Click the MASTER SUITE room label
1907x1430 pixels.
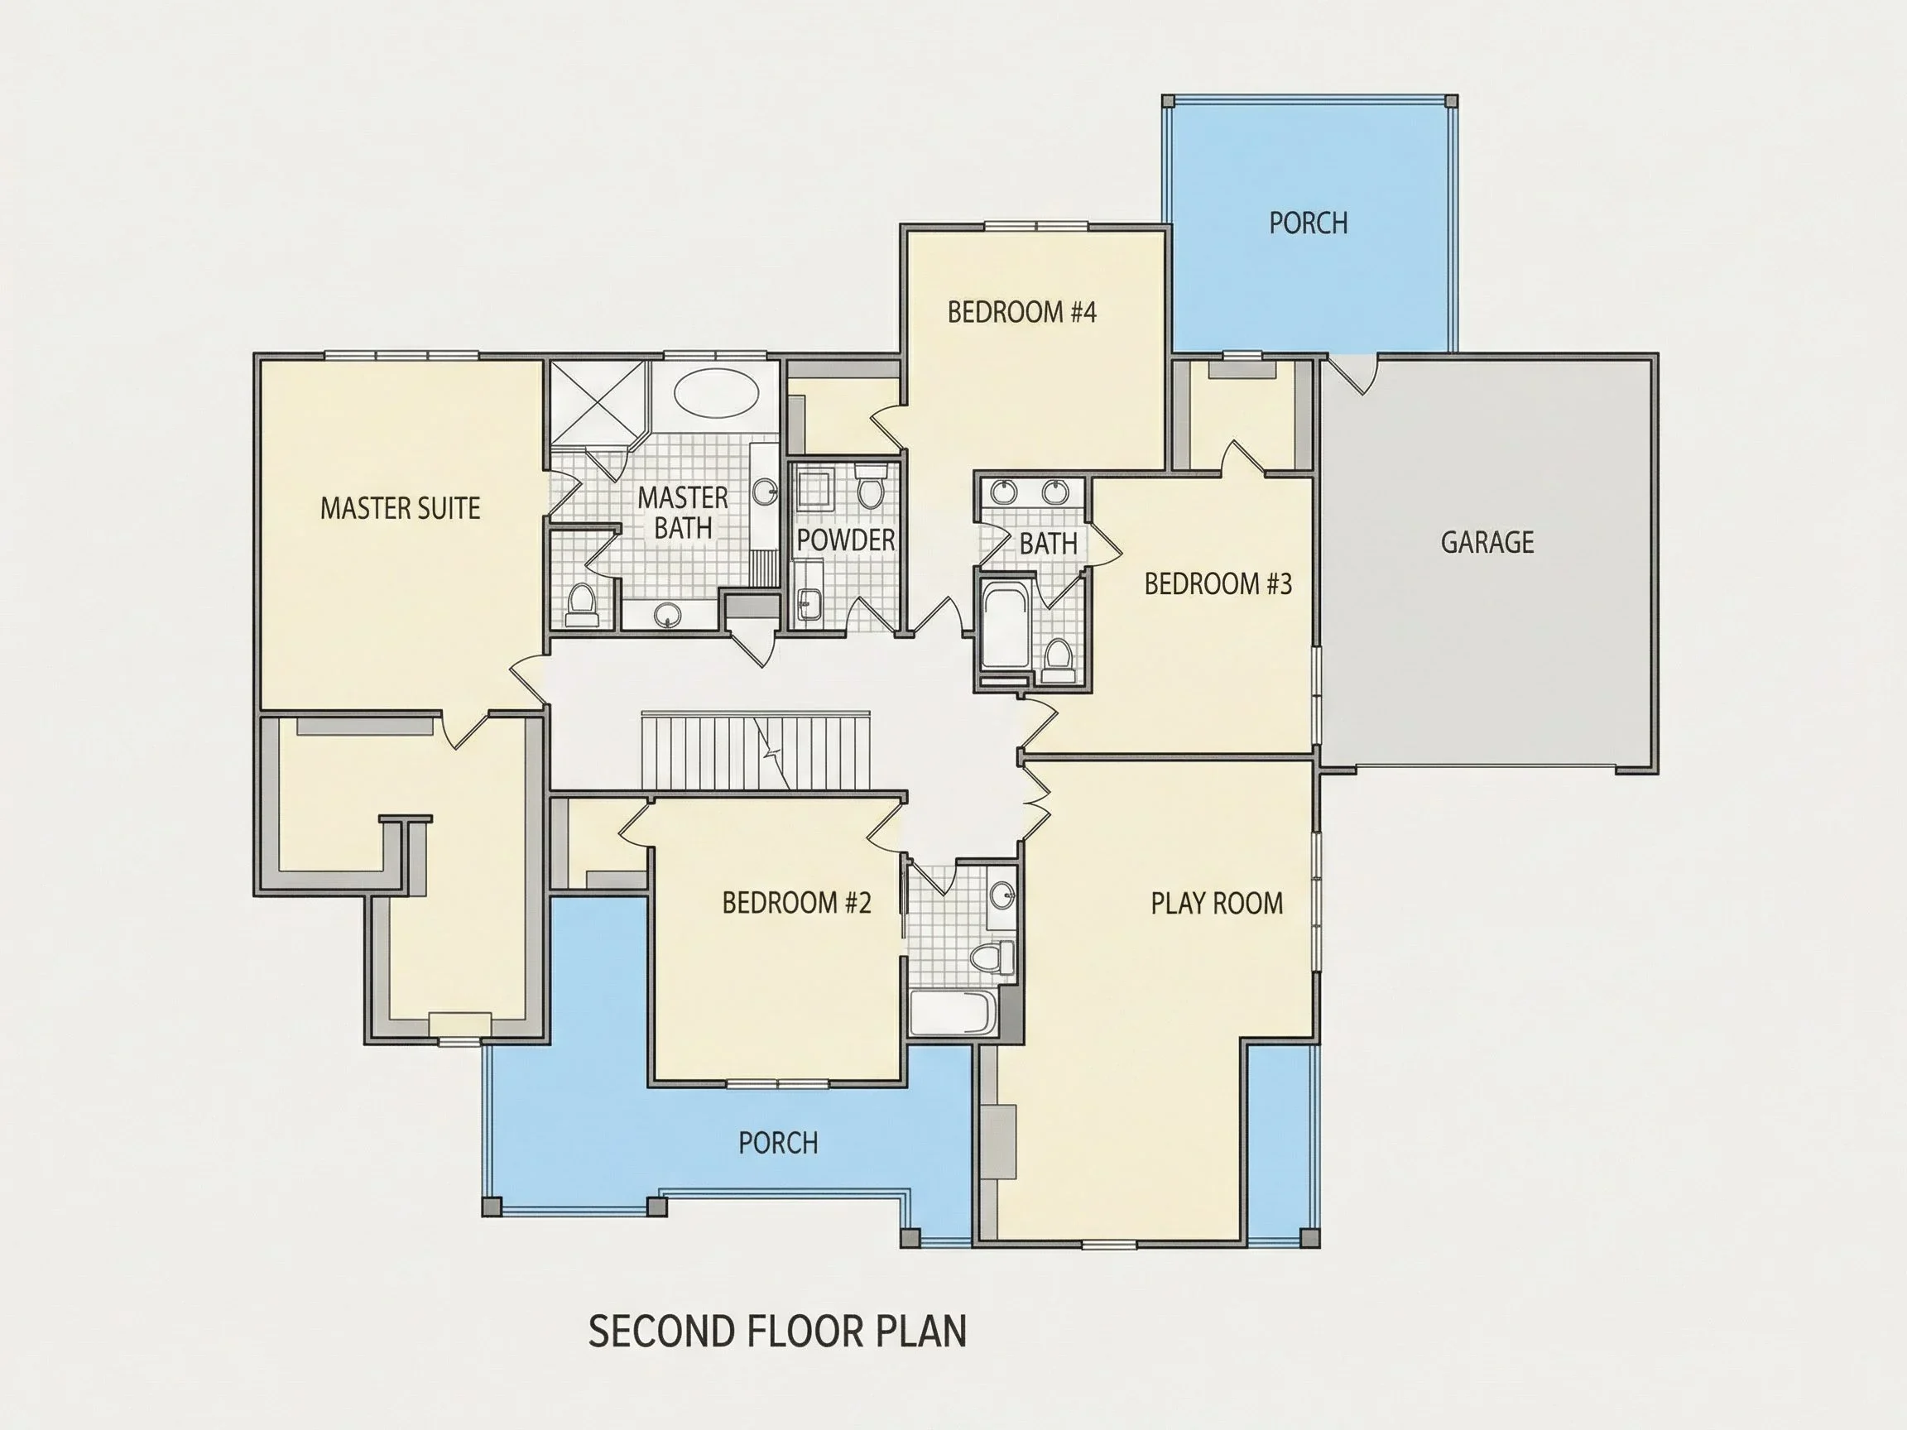(x=400, y=509)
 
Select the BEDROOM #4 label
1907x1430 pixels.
(x=1021, y=312)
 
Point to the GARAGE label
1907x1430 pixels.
(x=1487, y=542)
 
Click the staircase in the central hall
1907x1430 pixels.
(x=755, y=751)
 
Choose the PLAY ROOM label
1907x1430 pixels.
(x=1217, y=904)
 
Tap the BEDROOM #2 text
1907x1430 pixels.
(x=796, y=903)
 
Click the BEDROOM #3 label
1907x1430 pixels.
(x=1218, y=584)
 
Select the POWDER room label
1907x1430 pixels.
(x=846, y=540)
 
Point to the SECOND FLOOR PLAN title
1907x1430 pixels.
(x=778, y=1331)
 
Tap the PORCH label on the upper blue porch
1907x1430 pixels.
(x=1308, y=223)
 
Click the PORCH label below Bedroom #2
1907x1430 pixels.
(x=778, y=1143)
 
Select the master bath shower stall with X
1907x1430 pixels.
(x=598, y=402)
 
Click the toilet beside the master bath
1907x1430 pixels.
(x=582, y=604)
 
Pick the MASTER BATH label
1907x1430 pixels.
(x=683, y=512)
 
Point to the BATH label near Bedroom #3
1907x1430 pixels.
(x=1049, y=544)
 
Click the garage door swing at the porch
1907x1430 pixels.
(x=1352, y=374)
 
